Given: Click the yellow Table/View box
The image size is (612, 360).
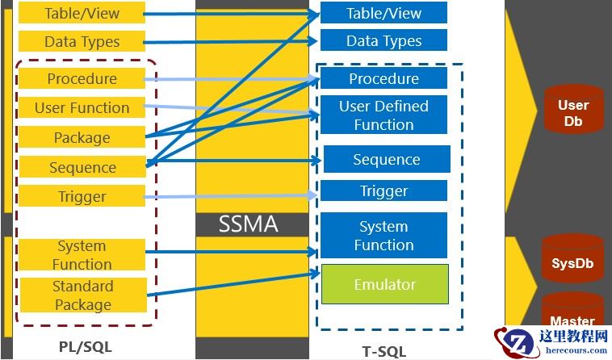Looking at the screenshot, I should click(x=82, y=13).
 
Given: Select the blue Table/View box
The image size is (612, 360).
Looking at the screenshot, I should click(x=384, y=13).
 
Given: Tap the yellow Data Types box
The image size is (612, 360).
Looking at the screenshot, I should click(x=82, y=42).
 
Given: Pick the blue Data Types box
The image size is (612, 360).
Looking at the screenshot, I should click(x=384, y=40).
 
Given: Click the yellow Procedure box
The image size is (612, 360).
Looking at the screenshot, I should click(x=82, y=79).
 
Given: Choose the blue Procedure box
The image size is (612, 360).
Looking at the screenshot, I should click(x=384, y=79).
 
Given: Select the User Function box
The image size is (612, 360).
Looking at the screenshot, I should click(x=82, y=108).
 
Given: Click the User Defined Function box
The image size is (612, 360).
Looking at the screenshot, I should click(x=384, y=115).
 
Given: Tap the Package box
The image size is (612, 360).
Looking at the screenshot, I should click(x=82, y=138).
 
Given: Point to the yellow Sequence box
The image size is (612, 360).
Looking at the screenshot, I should click(x=82, y=168).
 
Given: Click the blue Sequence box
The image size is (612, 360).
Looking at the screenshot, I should click(x=386, y=160).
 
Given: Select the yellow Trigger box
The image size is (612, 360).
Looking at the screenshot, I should click(x=82, y=197).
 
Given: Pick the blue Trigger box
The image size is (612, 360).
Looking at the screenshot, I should click(x=384, y=191).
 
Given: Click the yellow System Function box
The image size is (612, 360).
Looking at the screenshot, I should click(x=82, y=255).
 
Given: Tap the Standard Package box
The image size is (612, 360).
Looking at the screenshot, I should click(x=82, y=295).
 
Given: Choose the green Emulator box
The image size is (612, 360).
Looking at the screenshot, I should click(x=384, y=284).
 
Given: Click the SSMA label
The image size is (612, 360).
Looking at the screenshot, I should click(x=249, y=224).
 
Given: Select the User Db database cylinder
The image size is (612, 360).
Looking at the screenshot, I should click(x=573, y=111).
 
